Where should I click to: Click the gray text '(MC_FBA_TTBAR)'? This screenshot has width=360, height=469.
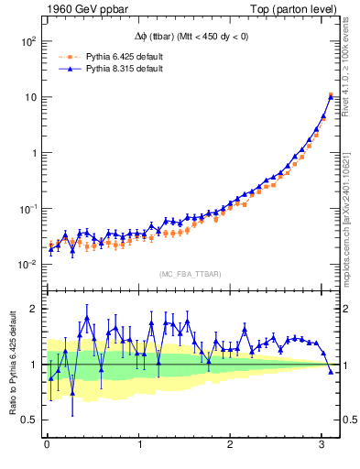click(x=190, y=274)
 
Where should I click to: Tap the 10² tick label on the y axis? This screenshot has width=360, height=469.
click(x=28, y=41)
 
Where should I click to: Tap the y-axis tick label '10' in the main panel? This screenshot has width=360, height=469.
click(x=30, y=97)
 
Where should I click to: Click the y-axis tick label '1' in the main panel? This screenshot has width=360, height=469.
click(x=34, y=153)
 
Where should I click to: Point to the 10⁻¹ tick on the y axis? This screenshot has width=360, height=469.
click(x=27, y=209)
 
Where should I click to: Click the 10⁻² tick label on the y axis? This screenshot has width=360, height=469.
click(x=27, y=265)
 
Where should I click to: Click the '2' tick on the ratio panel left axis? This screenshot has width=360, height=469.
click(x=34, y=309)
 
